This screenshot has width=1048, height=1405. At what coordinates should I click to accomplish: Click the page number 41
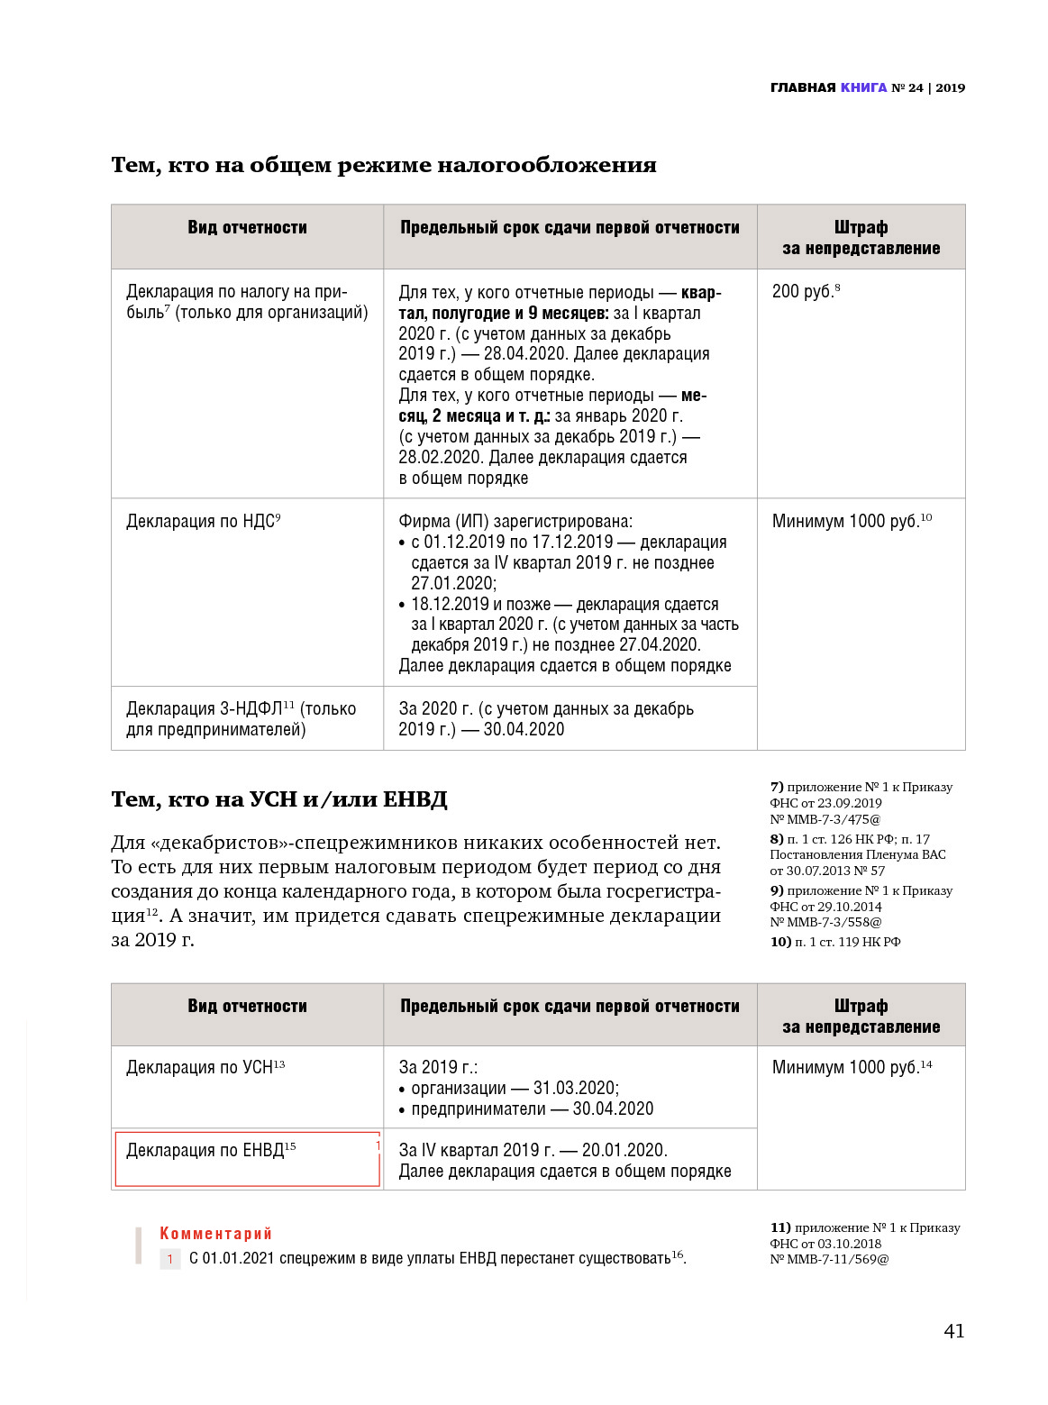coord(953,1331)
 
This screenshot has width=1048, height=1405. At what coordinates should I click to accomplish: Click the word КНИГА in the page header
coord(863,87)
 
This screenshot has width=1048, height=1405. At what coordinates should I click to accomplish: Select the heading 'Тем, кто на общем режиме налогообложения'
coord(383,165)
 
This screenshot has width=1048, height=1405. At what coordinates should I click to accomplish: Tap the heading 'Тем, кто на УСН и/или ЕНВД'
coord(278,799)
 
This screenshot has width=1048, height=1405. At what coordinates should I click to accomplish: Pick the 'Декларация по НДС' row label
coord(203,521)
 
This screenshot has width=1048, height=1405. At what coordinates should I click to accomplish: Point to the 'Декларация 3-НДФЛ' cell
coord(241,718)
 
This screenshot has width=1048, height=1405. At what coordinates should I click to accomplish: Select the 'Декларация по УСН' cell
coord(205,1067)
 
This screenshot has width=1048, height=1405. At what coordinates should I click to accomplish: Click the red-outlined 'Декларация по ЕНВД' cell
coord(247,1159)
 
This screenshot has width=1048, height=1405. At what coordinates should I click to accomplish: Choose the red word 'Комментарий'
coord(215,1233)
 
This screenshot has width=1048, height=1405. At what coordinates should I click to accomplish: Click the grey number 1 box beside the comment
coord(169,1259)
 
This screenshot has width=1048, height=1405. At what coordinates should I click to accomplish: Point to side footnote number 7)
coord(777,787)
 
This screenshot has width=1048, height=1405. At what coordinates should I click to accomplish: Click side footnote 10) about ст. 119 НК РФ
coord(834,942)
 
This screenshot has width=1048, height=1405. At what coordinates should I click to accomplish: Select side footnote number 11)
coord(779,1227)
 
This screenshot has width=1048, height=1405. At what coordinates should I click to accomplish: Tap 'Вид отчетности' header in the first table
coord(247,227)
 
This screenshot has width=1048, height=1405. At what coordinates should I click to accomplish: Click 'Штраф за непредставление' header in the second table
coord(861,1016)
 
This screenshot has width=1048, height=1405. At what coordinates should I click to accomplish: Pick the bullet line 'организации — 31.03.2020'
coord(515,1088)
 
